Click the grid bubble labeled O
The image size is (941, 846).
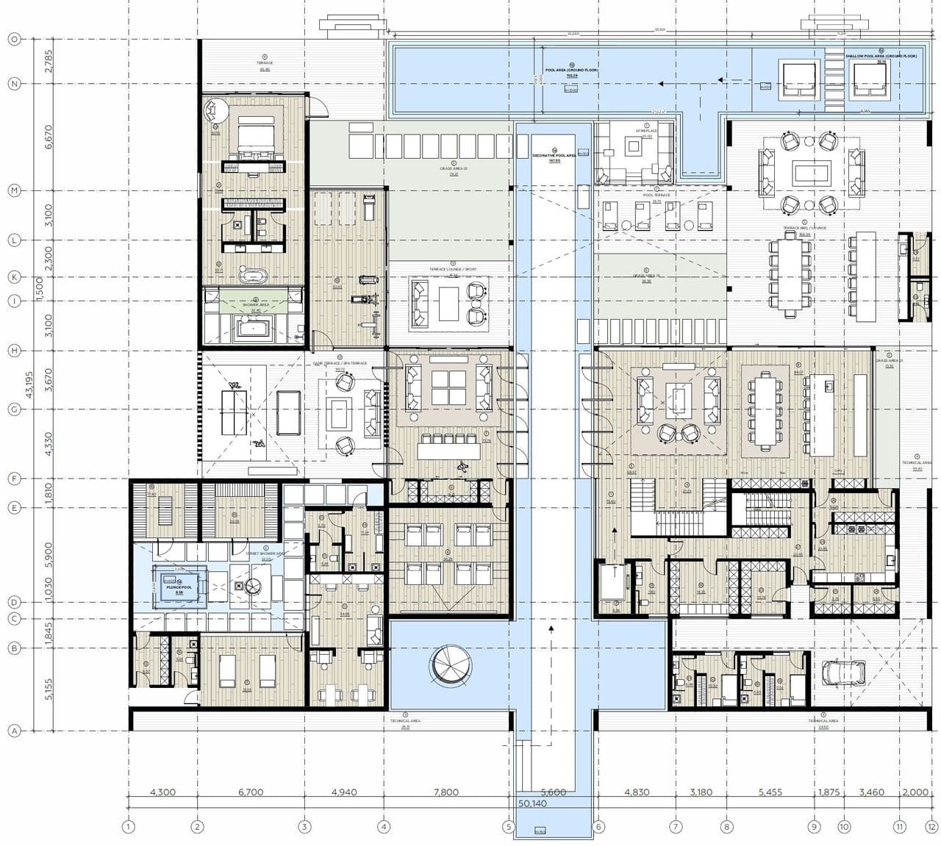[x=13, y=40]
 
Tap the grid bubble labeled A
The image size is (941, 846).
[x=13, y=731]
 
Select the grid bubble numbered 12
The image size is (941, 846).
[x=931, y=827]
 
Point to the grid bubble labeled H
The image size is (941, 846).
[x=13, y=351]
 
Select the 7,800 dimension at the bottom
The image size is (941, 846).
[x=446, y=792]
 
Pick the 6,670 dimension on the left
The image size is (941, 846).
[x=49, y=137]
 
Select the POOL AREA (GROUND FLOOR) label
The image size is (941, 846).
[x=571, y=71]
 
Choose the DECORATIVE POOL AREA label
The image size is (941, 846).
[x=555, y=156]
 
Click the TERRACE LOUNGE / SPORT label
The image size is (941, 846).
[x=453, y=269]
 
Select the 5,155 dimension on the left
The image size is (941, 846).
[x=49, y=690]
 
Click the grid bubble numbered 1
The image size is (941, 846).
[x=129, y=827]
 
